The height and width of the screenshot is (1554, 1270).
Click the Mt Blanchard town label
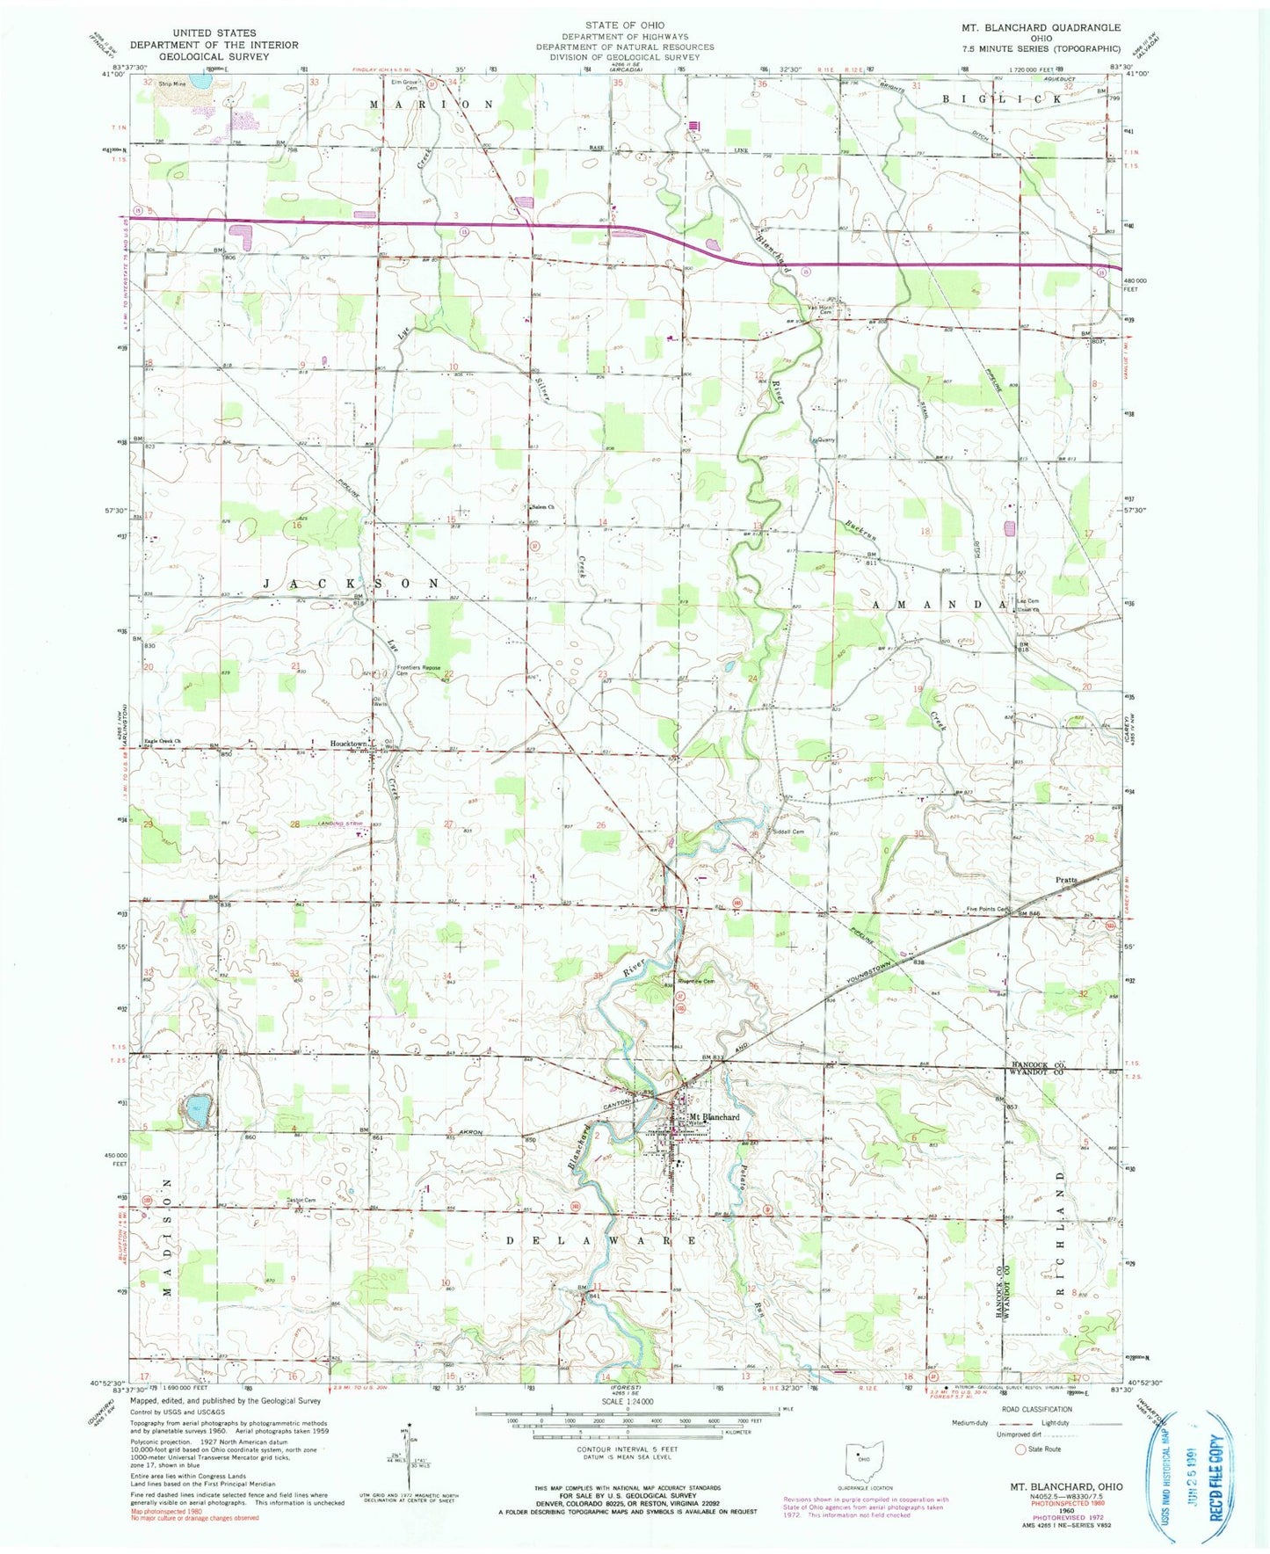coord(714,1116)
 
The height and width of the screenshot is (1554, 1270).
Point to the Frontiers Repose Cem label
coord(418,670)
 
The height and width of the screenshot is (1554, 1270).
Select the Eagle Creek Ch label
coord(163,741)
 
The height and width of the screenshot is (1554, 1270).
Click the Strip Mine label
coord(171,84)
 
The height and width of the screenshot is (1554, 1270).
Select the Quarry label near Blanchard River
coord(824,440)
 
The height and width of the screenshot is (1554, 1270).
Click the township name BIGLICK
coord(1002,98)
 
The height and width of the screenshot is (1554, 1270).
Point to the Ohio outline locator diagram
coord(863,1462)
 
